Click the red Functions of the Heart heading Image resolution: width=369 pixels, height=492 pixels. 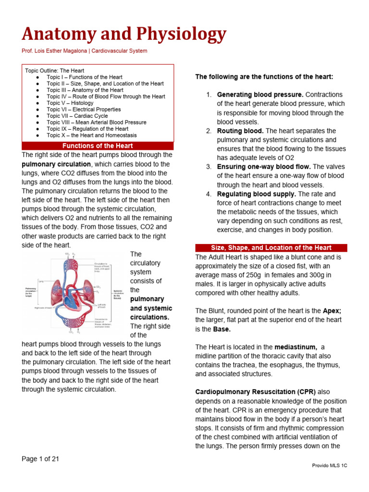(x=98, y=146)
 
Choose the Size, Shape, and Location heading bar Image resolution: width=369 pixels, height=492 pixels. (x=271, y=248)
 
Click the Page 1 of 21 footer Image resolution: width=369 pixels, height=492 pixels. (x=40, y=459)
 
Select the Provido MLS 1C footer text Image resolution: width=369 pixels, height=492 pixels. (x=330, y=466)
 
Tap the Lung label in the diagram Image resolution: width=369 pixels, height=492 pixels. (x=41, y=281)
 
